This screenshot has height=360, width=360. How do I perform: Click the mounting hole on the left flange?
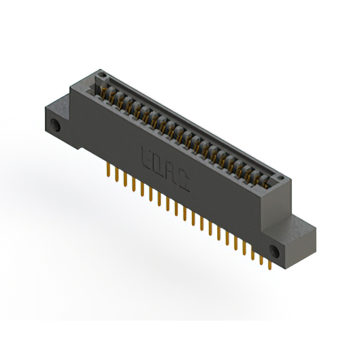point(56,125)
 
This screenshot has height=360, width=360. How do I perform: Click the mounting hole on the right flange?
point(275,251)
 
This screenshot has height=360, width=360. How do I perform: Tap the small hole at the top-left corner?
point(101,74)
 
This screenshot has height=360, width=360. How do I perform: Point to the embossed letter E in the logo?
point(145,155)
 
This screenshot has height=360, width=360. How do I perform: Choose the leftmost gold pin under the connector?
point(107,170)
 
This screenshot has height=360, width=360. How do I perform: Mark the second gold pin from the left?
point(115,174)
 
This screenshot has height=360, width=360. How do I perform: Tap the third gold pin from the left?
point(124,179)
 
